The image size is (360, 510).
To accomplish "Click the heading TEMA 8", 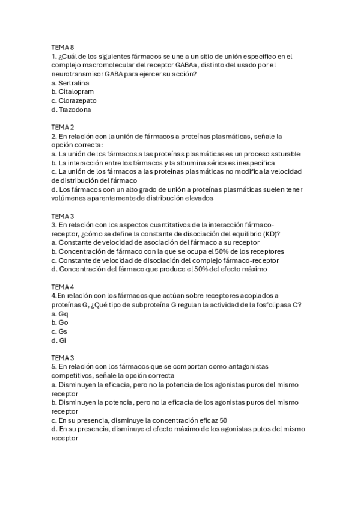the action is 63,48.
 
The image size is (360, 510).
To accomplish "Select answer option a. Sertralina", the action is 70,83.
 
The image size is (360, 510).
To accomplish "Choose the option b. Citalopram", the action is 73,91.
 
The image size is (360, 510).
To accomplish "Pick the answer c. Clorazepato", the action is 74,100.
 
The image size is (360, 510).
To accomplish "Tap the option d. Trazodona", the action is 72,109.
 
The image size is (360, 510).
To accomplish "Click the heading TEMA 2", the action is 63,127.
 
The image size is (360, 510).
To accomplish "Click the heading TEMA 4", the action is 63,286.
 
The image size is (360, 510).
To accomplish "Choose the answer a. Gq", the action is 60,313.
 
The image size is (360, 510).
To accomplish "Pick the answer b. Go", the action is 60,322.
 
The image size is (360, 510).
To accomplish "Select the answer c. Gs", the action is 59,331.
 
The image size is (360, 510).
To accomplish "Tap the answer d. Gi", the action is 59,340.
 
